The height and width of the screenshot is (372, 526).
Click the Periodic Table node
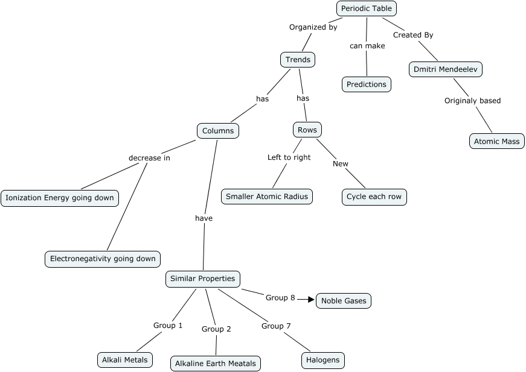367,8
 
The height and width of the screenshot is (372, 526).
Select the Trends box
298,60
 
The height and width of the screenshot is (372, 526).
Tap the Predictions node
367,84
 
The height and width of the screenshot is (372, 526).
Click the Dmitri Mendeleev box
446,69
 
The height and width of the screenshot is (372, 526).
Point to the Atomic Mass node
497,142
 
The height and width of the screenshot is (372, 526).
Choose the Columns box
218,131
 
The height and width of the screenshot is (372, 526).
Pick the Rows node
307,130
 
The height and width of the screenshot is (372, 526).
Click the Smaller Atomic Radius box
266,197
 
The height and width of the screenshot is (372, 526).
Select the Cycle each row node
374,197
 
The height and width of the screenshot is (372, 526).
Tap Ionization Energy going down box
59,198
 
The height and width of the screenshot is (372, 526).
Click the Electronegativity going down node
103,259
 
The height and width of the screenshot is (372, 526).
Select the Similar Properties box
203,279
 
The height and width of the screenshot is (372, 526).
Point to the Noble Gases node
344,301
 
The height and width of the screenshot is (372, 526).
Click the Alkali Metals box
125,361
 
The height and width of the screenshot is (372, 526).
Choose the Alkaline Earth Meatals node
216,363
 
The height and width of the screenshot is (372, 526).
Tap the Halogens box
323,361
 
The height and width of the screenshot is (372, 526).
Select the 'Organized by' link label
313,27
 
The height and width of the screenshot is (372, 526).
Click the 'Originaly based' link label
472,101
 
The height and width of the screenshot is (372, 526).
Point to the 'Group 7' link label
276,326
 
